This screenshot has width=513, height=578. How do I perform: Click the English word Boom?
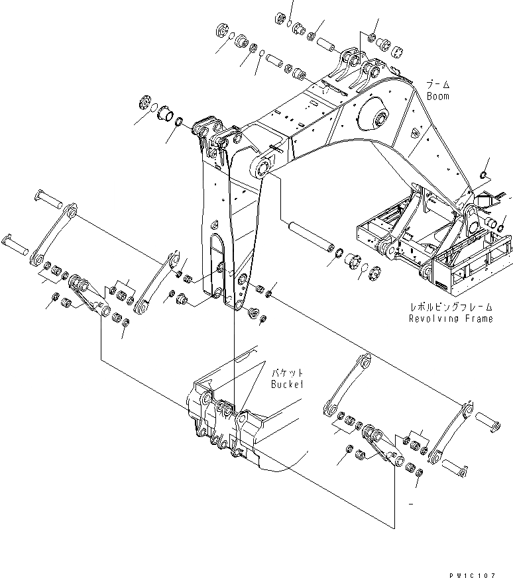437,96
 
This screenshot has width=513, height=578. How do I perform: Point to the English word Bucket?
286,384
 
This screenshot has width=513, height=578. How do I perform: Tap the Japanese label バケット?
286,373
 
